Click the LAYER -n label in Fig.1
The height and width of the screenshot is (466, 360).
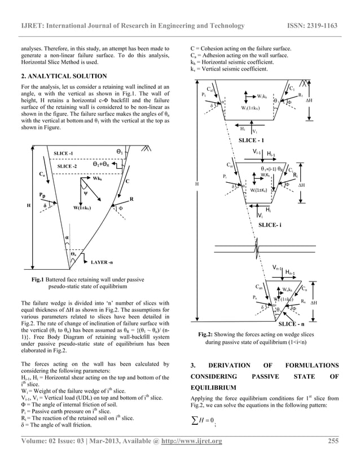(103, 262)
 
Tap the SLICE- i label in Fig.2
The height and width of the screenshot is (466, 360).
(270, 225)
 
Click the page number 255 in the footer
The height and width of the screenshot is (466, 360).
(336, 441)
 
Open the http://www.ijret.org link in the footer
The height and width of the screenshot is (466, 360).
(193, 441)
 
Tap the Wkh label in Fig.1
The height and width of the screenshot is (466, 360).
(98, 178)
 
